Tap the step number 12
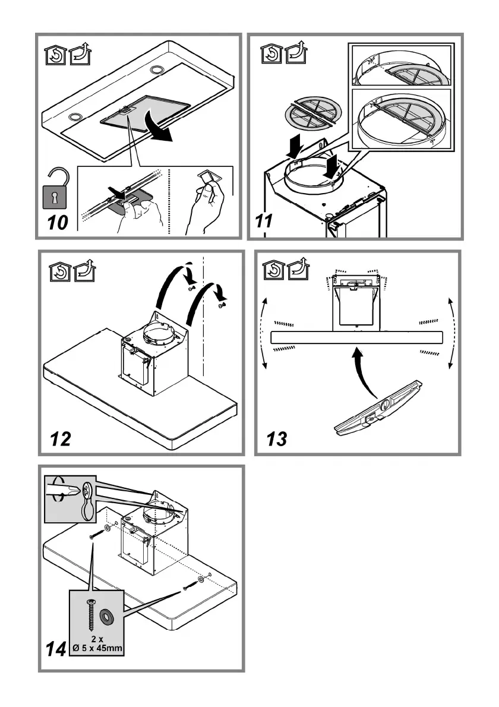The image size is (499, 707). tap(62, 439)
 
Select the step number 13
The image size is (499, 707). tap(277, 439)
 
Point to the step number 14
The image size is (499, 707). tap(56, 650)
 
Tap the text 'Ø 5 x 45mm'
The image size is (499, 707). tap(97, 648)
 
